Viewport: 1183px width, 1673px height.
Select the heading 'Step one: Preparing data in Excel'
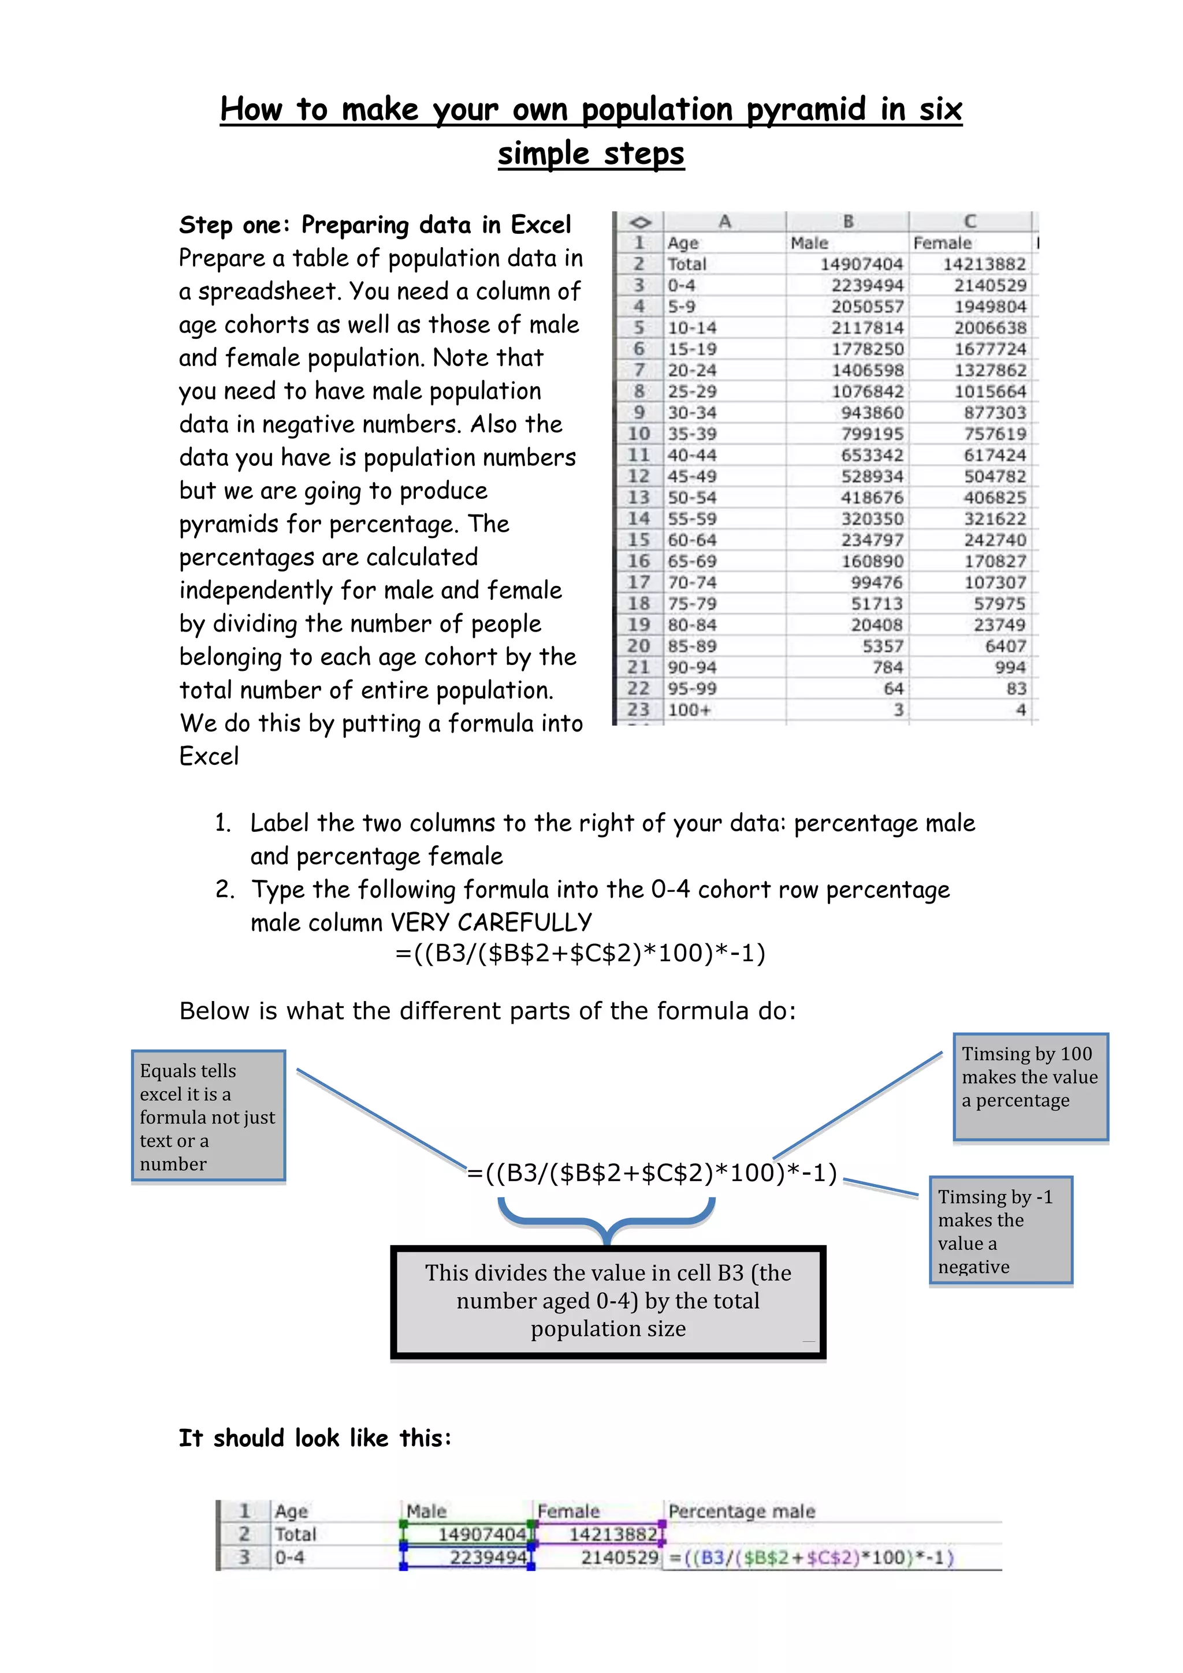375,225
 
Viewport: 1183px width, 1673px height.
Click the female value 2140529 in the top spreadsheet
990,286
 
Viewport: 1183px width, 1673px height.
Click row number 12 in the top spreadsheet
638,476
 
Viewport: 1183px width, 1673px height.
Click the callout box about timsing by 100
1030,1086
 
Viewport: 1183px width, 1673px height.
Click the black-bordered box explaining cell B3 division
608,1301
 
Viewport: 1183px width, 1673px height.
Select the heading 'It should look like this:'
315,1439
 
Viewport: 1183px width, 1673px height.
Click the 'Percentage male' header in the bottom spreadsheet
741,1511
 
